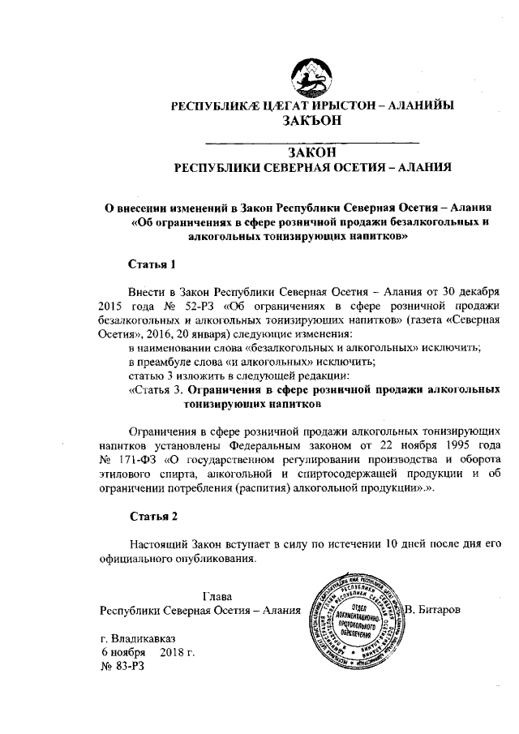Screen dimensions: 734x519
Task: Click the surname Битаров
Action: (x=439, y=608)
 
